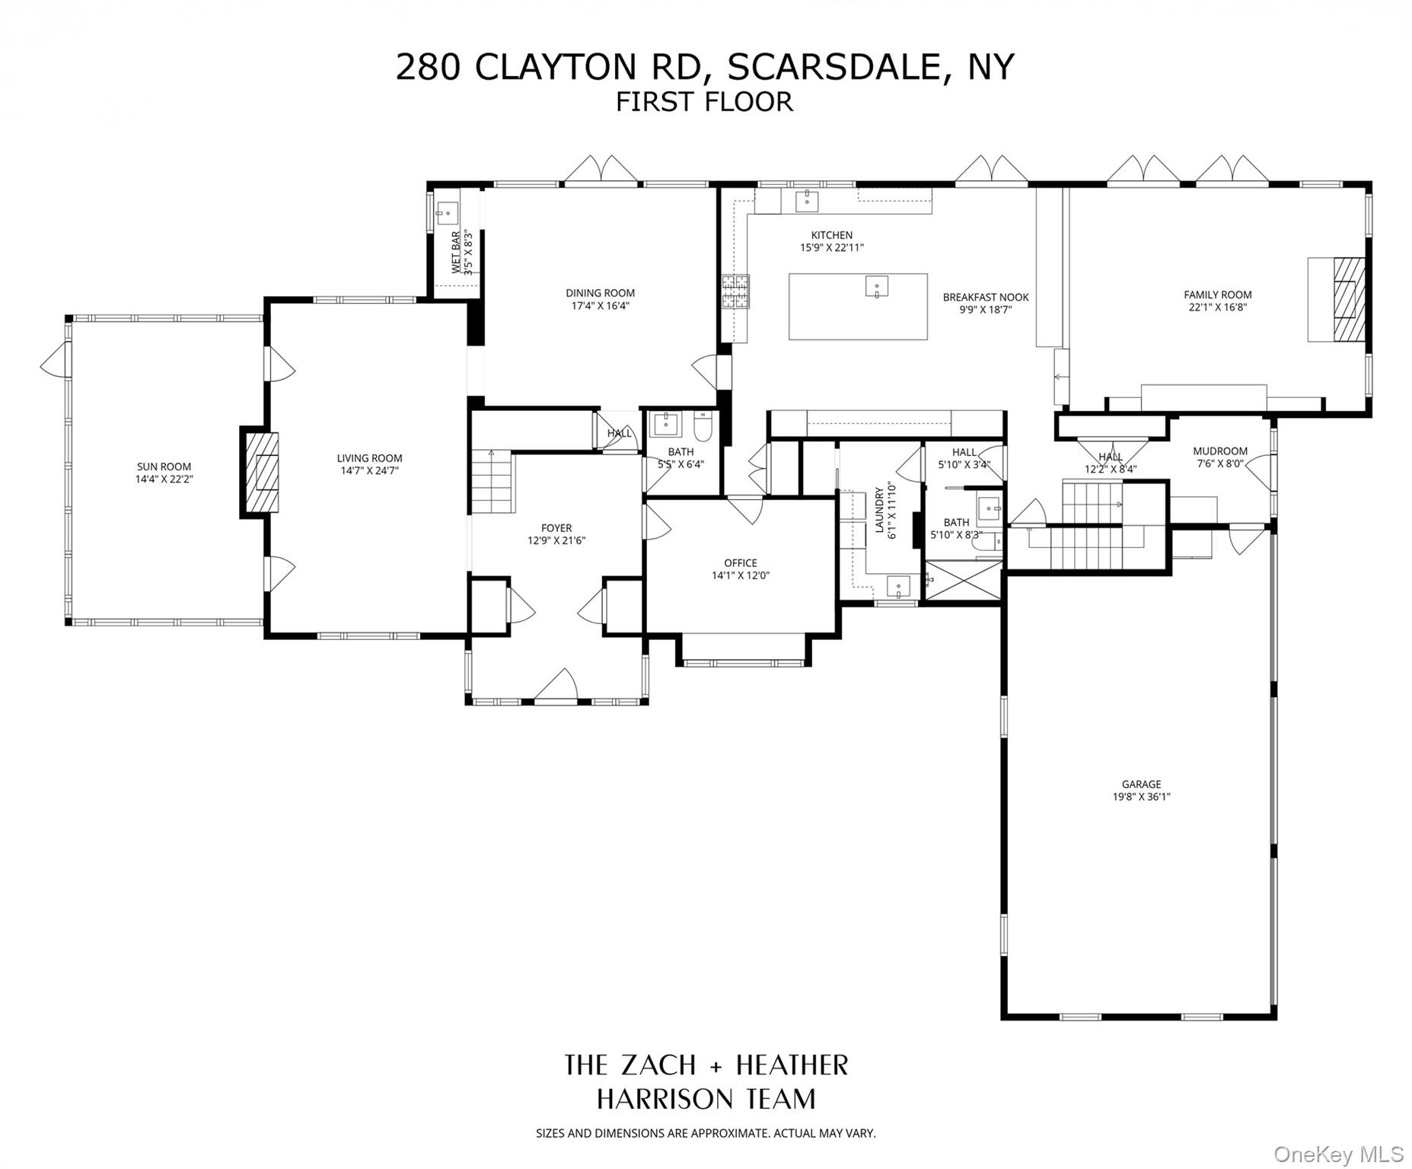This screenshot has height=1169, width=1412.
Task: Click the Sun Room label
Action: click(x=164, y=467)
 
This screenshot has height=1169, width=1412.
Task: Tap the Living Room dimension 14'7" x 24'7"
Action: click(x=369, y=470)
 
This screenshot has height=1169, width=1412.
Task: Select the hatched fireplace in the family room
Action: click(x=1349, y=299)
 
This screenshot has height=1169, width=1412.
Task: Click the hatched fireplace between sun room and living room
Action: click(x=260, y=473)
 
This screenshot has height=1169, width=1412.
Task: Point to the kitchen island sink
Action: click(x=877, y=287)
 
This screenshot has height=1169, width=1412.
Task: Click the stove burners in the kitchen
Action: click(x=736, y=291)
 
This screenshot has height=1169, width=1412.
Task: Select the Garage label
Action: click(x=1141, y=784)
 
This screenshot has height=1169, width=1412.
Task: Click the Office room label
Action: click(x=740, y=563)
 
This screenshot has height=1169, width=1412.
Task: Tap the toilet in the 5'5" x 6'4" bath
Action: click(x=703, y=427)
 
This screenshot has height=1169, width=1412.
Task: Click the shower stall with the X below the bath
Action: click(x=962, y=581)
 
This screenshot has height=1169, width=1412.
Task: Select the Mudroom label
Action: click(x=1220, y=451)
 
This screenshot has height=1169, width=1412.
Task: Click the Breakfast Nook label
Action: click(x=985, y=298)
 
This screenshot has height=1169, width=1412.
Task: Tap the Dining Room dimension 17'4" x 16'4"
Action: click(x=600, y=306)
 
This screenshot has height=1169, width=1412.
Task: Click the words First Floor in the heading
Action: click(x=704, y=101)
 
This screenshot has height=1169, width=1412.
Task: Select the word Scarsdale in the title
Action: click(x=834, y=67)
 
